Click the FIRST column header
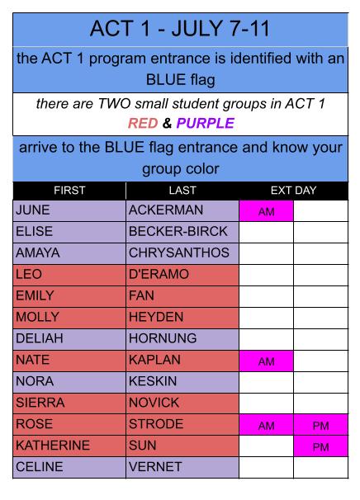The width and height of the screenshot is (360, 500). tap(69, 191)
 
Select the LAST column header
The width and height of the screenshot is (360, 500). tap(182, 191)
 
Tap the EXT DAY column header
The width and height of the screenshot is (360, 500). tap(293, 191)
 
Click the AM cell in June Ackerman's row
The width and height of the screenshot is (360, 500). tap(266, 211)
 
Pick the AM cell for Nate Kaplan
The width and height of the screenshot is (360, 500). tap(266, 361)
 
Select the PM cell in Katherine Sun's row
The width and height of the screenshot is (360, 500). tap(320, 446)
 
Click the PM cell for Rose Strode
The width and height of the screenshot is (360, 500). tap(320, 426)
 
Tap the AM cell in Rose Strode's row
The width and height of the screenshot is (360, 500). tap(266, 426)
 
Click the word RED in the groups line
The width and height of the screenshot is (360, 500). tap(143, 123)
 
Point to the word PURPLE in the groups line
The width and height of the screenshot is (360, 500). tap(206, 123)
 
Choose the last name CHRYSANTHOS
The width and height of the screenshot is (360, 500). tap(179, 252)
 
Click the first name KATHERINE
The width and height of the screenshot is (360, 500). tap(53, 446)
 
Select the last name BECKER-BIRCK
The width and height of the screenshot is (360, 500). tap(178, 232)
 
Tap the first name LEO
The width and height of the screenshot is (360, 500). tap(29, 274)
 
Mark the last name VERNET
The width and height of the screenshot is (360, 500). tap(155, 467)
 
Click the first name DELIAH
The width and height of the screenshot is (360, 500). tap(40, 338)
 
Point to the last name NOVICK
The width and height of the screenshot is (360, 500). tap(154, 403)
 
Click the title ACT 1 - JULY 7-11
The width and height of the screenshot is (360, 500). tap(180, 29)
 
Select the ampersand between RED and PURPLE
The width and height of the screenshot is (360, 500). tap(167, 123)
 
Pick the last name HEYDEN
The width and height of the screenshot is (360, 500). tap(156, 317)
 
